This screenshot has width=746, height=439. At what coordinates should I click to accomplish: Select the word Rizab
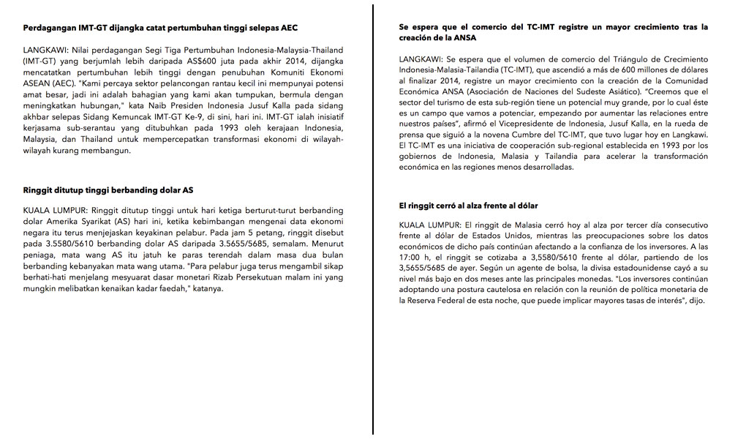point(220,277)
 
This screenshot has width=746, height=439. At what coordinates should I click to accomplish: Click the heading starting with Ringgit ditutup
point(108,190)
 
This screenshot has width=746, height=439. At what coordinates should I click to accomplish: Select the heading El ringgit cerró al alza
point(468,206)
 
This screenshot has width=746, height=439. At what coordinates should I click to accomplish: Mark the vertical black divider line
point(374,219)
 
